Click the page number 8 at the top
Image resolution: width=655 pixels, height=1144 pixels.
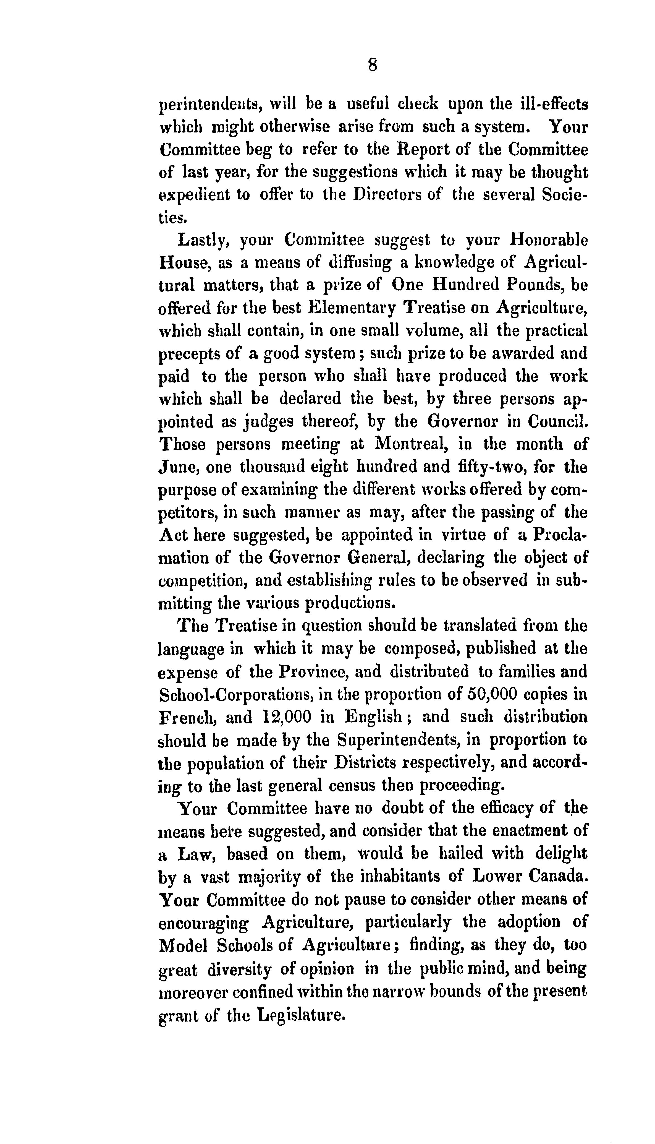pos(373,66)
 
